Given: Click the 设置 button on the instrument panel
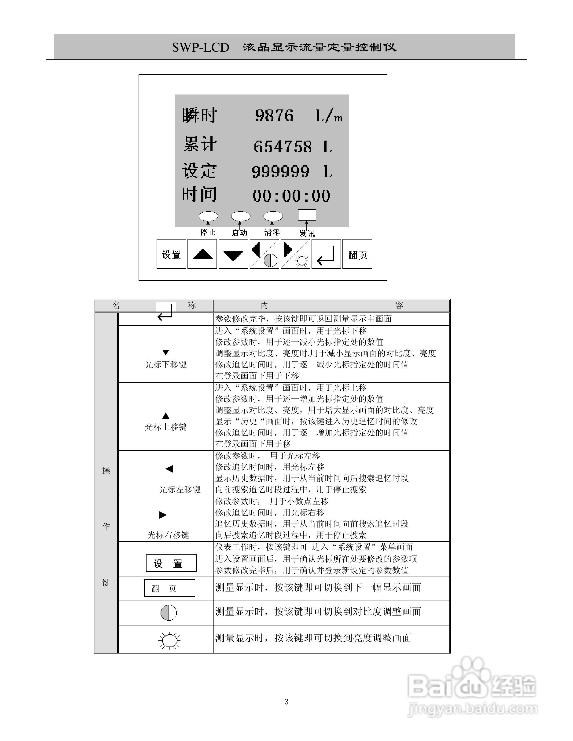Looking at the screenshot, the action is click(171, 254).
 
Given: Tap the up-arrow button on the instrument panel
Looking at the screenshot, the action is click(202, 254).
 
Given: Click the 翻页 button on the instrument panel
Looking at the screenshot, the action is click(357, 254).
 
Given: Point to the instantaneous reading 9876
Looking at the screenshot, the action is click(274, 116).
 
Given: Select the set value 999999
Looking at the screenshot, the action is click(281, 172).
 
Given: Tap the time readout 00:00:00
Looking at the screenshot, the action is click(291, 196).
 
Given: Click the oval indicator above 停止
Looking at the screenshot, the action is click(208, 216).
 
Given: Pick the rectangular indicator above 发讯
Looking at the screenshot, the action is click(307, 215).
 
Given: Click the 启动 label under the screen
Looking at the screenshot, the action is click(239, 233).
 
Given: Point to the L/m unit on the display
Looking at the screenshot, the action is click(329, 116).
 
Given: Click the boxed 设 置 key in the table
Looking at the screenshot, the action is click(171, 563).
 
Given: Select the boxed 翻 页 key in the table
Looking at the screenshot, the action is click(169, 588).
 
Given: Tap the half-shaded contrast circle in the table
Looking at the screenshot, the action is click(168, 613).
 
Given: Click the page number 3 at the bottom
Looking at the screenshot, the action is click(286, 702).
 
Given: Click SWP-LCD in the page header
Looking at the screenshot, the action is click(201, 47).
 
